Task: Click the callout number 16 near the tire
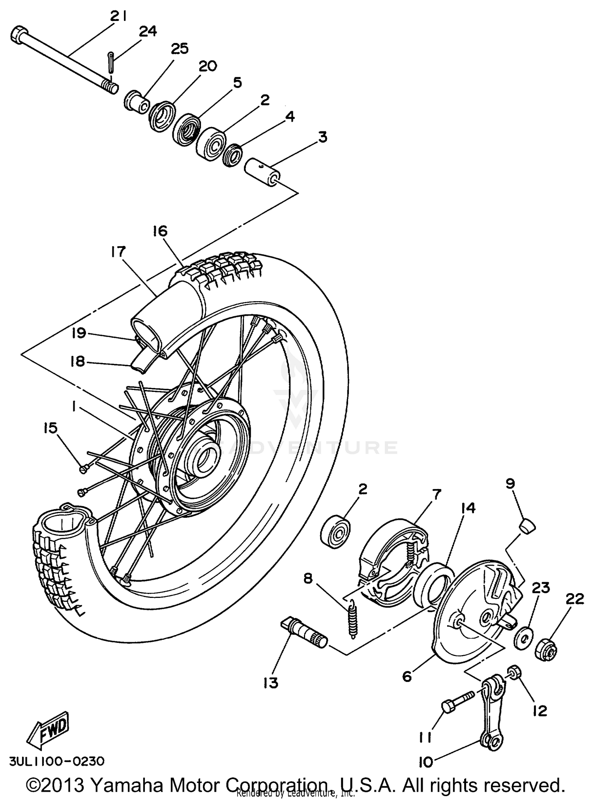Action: (160, 230)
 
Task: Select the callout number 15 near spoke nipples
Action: (51, 428)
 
